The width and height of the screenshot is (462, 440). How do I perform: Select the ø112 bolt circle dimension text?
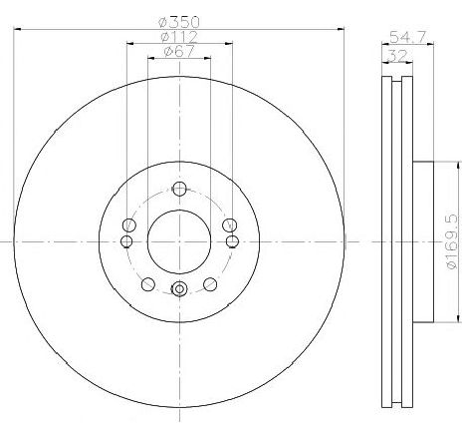point(179,38)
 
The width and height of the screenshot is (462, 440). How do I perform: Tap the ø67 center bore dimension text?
point(179,53)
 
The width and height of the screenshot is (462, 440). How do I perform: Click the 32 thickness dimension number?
point(396,55)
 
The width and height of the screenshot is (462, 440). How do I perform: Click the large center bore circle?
point(179,241)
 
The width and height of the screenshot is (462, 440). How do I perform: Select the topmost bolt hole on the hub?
point(179,190)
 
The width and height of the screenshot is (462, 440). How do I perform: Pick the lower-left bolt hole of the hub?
point(148,284)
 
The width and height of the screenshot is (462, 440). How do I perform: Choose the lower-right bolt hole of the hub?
point(210,284)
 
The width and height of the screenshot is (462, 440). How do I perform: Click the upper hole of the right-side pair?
point(229,224)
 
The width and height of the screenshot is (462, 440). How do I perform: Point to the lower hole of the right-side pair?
point(232,241)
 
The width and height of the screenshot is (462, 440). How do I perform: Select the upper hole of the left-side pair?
point(129,224)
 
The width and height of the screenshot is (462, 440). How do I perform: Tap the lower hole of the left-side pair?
point(126,241)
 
